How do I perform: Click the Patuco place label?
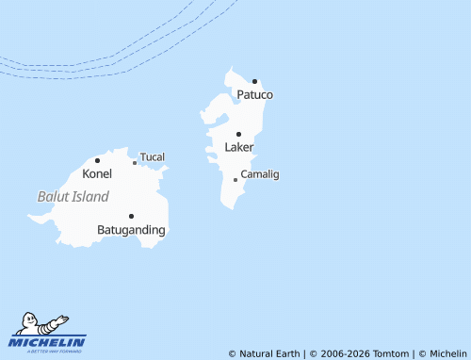254,95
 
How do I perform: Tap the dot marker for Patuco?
254,81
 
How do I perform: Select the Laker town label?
239,148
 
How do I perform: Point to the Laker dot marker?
238,134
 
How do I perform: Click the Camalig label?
260,174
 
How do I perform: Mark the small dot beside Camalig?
235,179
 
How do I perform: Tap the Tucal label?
153,156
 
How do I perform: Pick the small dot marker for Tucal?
135,162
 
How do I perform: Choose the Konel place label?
97,173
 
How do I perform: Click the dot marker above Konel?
97,160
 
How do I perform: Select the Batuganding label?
131,230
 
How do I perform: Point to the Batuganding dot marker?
131,216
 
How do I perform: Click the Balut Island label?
73,197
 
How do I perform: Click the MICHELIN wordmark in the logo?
48,341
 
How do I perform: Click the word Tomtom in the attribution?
390,353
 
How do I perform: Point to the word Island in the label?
89,197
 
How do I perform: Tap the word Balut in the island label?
52,197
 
